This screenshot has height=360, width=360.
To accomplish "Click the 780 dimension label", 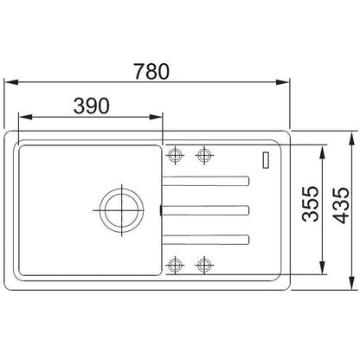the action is [x=151, y=72].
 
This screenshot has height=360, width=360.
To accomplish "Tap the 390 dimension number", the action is [x=92, y=106].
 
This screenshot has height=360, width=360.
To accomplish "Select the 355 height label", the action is [x=311, y=204].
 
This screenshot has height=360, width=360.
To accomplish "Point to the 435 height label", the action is [x=341, y=205].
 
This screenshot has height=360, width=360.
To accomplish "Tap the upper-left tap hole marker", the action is [x=176, y=155].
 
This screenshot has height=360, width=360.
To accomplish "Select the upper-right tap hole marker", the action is [x=204, y=155].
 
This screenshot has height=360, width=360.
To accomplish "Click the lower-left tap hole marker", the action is [x=175, y=265].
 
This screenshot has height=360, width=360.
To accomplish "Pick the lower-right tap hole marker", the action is [x=204, y=265].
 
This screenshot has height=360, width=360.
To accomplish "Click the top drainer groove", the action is [x=206, y=181].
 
